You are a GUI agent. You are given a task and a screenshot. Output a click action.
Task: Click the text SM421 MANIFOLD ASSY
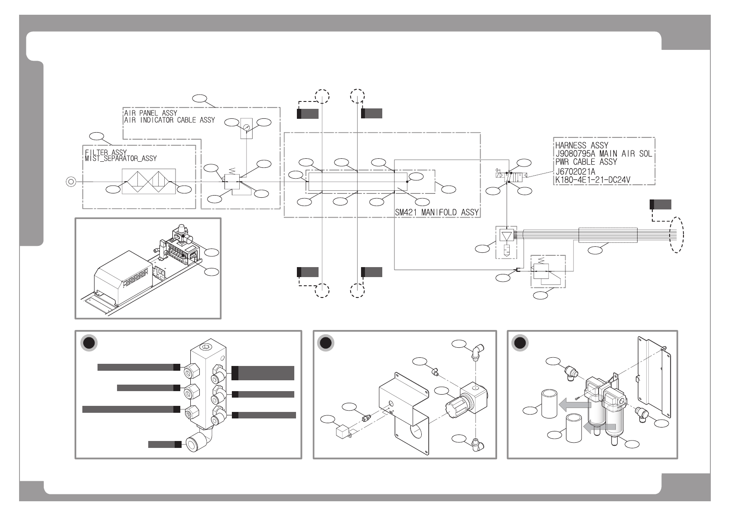point(436,212)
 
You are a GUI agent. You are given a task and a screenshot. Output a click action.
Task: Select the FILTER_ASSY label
point(106,152)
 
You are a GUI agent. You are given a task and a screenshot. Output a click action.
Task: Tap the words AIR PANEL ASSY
point(150,113)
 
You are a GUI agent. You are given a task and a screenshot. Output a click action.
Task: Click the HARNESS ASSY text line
point(582,145)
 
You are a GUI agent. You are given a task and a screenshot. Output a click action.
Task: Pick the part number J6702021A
point(575,172)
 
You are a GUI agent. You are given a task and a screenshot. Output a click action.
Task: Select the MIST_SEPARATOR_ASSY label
point(120,159)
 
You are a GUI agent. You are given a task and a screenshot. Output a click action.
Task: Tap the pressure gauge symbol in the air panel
point(246,127)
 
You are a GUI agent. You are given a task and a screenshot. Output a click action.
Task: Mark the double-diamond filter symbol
point(149,181)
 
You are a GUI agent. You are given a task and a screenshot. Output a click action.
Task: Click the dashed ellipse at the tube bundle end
point(677,235)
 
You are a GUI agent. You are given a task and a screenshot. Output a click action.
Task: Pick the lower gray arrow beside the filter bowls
point(599,427)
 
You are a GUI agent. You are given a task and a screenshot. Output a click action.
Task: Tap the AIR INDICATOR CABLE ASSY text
point(169,120)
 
